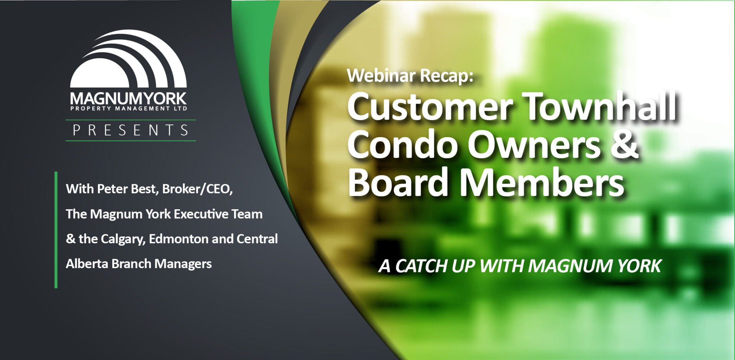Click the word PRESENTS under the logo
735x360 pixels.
(131, 130)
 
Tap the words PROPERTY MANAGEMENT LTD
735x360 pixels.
(128, 108)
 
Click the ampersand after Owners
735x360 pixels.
(625, 145)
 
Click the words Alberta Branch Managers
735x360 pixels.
(139, 264)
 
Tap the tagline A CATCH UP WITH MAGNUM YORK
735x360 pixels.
(520, 266)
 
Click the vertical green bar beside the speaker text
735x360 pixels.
(56, 230)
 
